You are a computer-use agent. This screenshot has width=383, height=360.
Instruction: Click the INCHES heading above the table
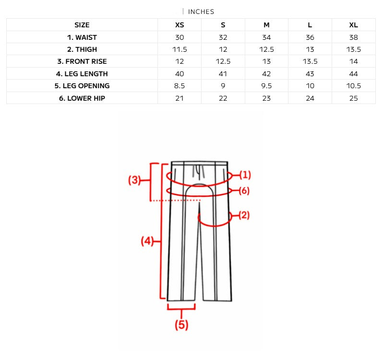click(x=201, y=12)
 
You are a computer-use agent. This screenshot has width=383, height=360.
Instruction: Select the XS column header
click(x=179, y=25)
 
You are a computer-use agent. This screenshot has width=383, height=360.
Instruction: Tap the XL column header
click(x=353, y=25)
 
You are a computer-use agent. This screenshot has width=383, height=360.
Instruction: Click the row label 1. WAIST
click(x=82, y=37)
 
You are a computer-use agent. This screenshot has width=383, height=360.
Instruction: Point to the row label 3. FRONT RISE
click(x=82, y=61)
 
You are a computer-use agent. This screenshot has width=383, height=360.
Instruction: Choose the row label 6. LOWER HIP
click(x=82, y=98)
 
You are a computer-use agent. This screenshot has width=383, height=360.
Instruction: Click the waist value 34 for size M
click(x=266, y=37)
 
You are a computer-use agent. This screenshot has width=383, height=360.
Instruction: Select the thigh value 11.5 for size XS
click(x=179, y=49)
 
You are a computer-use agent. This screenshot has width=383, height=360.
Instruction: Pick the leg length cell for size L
click(x=310, y=74)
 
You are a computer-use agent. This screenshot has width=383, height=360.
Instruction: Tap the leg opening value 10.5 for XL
click(x=353, y=86)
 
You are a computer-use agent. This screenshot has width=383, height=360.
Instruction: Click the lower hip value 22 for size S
click(x=223, y=98)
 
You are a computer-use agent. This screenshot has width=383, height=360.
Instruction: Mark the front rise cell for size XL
click(x=353, y=61)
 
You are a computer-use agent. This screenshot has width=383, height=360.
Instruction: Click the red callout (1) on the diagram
click(x=245, y=174)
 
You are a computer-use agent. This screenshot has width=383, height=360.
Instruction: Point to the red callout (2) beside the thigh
click(x=244, y=215)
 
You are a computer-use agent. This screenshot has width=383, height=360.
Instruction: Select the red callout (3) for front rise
click(x=134, y=180)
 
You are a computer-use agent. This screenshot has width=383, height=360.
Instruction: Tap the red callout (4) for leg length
click(x=146, y=241)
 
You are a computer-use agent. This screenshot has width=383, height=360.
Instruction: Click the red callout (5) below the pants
click(x=181, y=325)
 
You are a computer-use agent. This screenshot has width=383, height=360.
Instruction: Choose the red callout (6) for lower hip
click(x=244, y=191)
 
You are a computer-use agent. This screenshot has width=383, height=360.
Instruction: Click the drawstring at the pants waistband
click(x=197, y=172)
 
